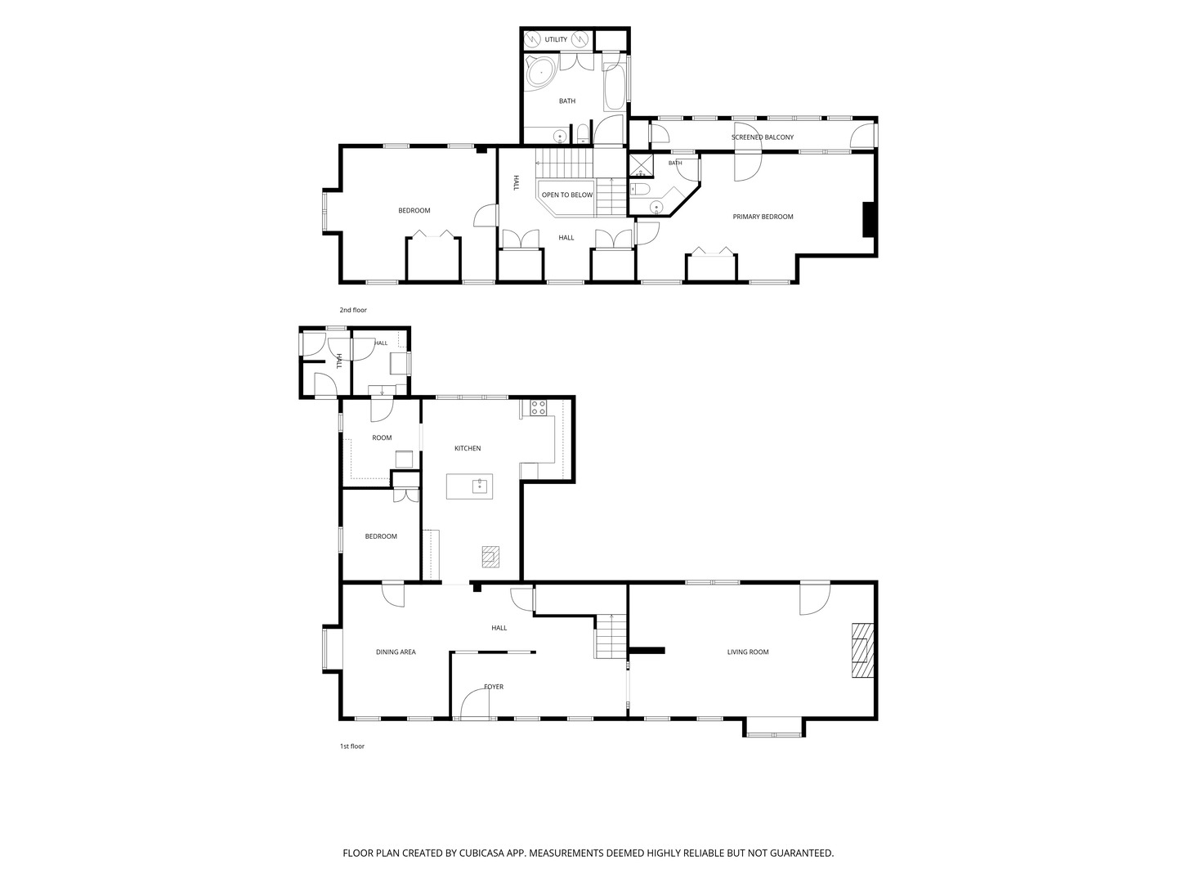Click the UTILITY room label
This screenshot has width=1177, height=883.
tap(556, 40)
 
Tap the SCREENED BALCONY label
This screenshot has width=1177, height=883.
tap(762, 137)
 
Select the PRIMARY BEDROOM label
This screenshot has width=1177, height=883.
tap(763, 217)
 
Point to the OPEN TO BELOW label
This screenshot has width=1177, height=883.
tap(566, 195)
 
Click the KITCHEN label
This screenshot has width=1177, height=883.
tap(467, 448)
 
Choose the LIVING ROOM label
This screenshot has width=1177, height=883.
tap(748, 652)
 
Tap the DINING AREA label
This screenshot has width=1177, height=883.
tap(396, 652)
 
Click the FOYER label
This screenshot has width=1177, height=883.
tap(494, 687)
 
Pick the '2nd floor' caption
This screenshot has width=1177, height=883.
tap(353, 310)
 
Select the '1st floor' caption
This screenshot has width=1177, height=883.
tap(351, 746)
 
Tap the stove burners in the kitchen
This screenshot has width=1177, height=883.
tap(538, 407)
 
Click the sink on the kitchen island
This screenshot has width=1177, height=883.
tap(479, 486)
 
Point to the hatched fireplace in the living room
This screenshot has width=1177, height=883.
tap(863, 650)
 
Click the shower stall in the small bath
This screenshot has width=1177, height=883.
tap(641, 166)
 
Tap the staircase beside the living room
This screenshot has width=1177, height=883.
tap(611, 636)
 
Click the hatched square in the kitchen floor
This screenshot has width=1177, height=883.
tap(490, 557)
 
